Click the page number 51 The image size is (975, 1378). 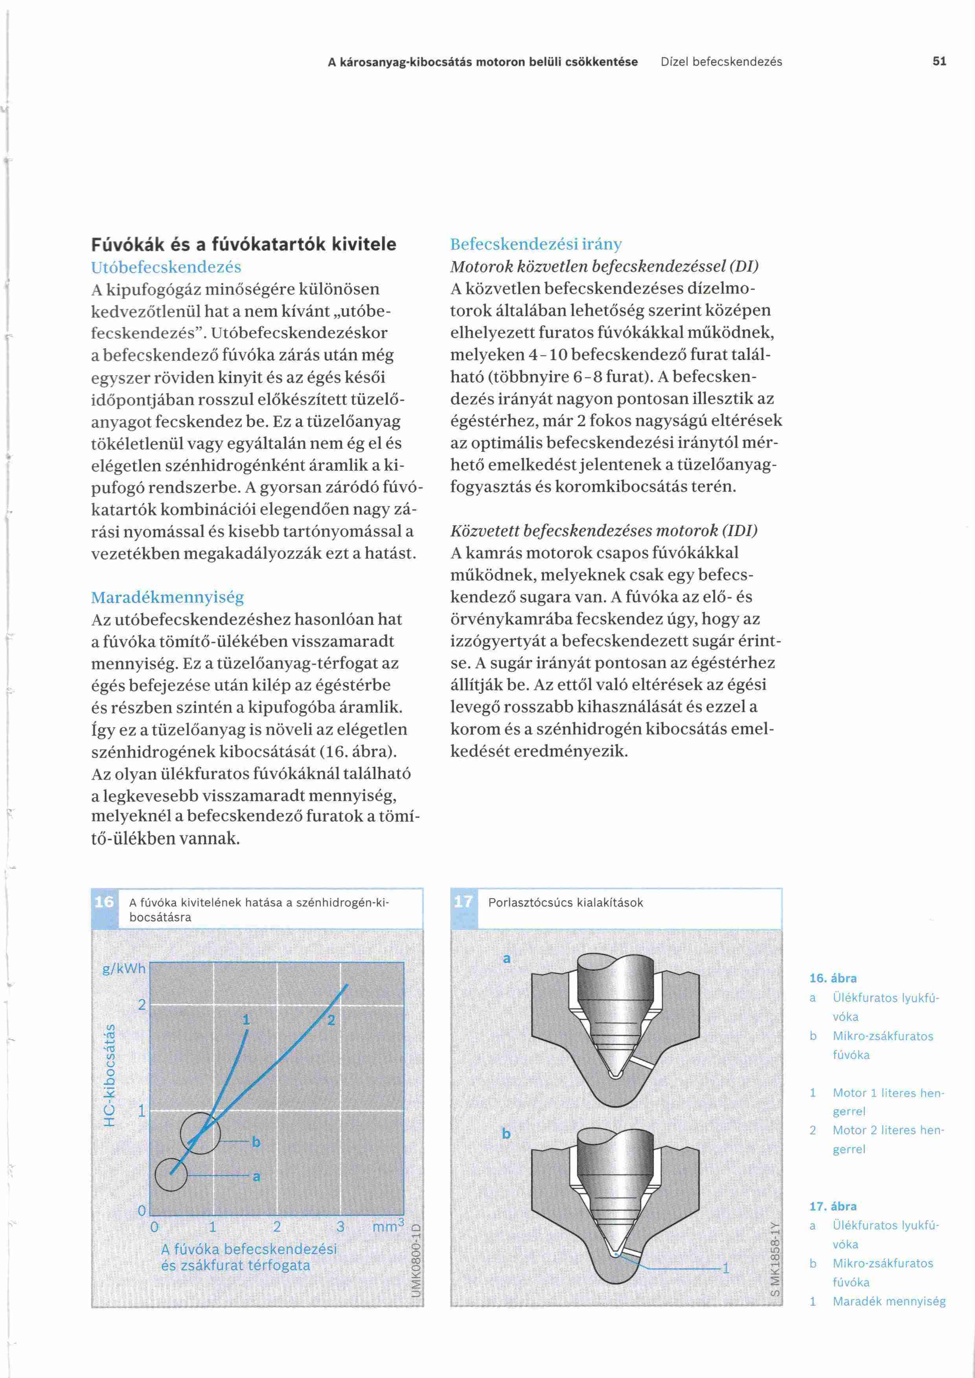click(939, 61)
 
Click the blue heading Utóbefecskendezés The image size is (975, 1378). click(166, 267)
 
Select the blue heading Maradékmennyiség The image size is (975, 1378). click(167, 597)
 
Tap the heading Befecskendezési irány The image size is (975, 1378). click(535, 244)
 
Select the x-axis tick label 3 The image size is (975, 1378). click(340, 1227)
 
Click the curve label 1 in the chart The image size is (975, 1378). click(246, 1019)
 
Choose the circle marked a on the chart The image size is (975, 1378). click(171, 1174)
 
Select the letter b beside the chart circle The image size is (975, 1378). click(256, 1141)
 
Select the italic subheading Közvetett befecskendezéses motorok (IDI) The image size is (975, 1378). click(603, 530)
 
